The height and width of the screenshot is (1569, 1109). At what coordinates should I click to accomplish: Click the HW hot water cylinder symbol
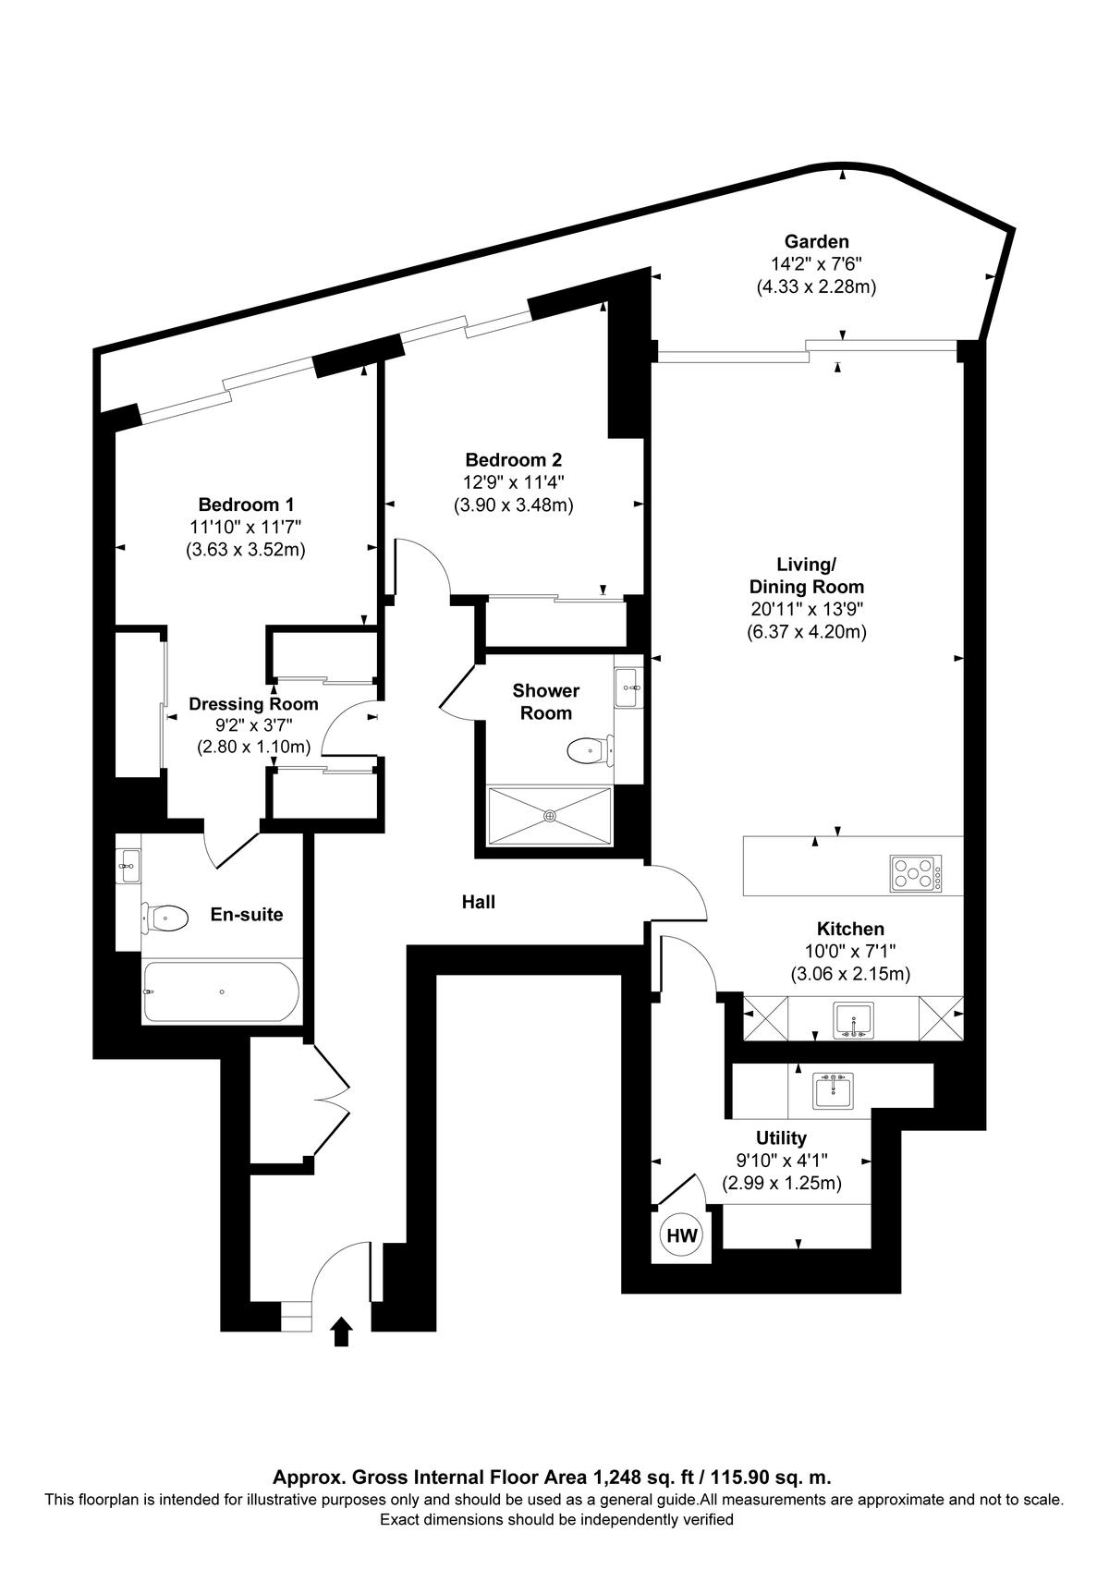[682, 1235]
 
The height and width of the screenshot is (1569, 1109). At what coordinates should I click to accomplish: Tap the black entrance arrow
[341, 1332]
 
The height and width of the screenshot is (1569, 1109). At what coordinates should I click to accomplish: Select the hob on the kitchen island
[916, 873]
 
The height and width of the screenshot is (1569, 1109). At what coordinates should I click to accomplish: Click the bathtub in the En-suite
[222, 992]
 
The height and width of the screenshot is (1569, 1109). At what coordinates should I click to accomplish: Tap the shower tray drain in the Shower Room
[550, 815]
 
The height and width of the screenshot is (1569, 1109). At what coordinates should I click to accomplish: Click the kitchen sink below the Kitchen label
[853, 1020]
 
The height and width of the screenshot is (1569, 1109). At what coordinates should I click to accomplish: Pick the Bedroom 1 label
[246, 505]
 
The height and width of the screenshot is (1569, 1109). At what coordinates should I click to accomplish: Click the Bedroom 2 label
[514, 459]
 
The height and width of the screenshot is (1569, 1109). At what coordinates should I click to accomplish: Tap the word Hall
[479, 902]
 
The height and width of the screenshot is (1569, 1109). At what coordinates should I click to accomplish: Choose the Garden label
[816, 242]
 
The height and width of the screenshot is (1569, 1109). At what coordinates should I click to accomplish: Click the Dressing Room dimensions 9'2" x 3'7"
[253, 725]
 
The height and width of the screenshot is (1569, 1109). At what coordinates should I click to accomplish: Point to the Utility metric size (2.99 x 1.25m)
[781, 1183]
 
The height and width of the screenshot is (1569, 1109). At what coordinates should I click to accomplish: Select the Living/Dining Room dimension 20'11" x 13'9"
[807, 609]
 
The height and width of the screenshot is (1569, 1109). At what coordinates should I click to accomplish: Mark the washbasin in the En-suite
[128, 867]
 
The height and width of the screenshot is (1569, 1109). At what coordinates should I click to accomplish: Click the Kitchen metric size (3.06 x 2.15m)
[850, 974]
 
